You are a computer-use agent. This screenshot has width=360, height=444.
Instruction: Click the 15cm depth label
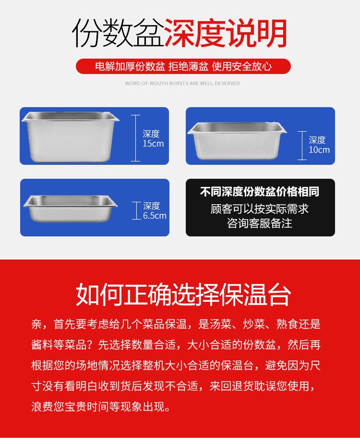coord(153,139)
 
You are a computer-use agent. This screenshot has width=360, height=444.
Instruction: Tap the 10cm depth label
coord(319,145)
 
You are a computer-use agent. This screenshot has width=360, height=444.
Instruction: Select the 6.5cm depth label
coord(154,211)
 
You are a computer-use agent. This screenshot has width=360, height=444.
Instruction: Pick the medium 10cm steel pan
coord(236,140)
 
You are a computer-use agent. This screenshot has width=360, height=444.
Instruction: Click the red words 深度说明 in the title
coord(225,34)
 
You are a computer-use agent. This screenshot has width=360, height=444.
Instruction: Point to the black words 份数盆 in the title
coord(118,34)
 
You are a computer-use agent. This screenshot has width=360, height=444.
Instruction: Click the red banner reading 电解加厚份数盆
coord(130,66)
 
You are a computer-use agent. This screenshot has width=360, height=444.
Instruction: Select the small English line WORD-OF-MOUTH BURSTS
coord(182,84)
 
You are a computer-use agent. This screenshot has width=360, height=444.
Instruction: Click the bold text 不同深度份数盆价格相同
coord(260,192)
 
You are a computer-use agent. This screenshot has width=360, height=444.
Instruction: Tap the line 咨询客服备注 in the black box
coord(260,223)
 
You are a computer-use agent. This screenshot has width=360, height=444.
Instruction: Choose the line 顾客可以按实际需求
coord(260,209)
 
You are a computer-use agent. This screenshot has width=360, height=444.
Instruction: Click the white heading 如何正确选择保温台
coord(183,295)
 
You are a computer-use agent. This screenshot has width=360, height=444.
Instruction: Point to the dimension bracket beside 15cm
coord(136,138)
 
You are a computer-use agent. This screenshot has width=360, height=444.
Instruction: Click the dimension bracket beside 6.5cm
coord(137,210)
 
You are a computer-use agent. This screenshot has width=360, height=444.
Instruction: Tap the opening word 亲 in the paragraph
coord(37,324)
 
